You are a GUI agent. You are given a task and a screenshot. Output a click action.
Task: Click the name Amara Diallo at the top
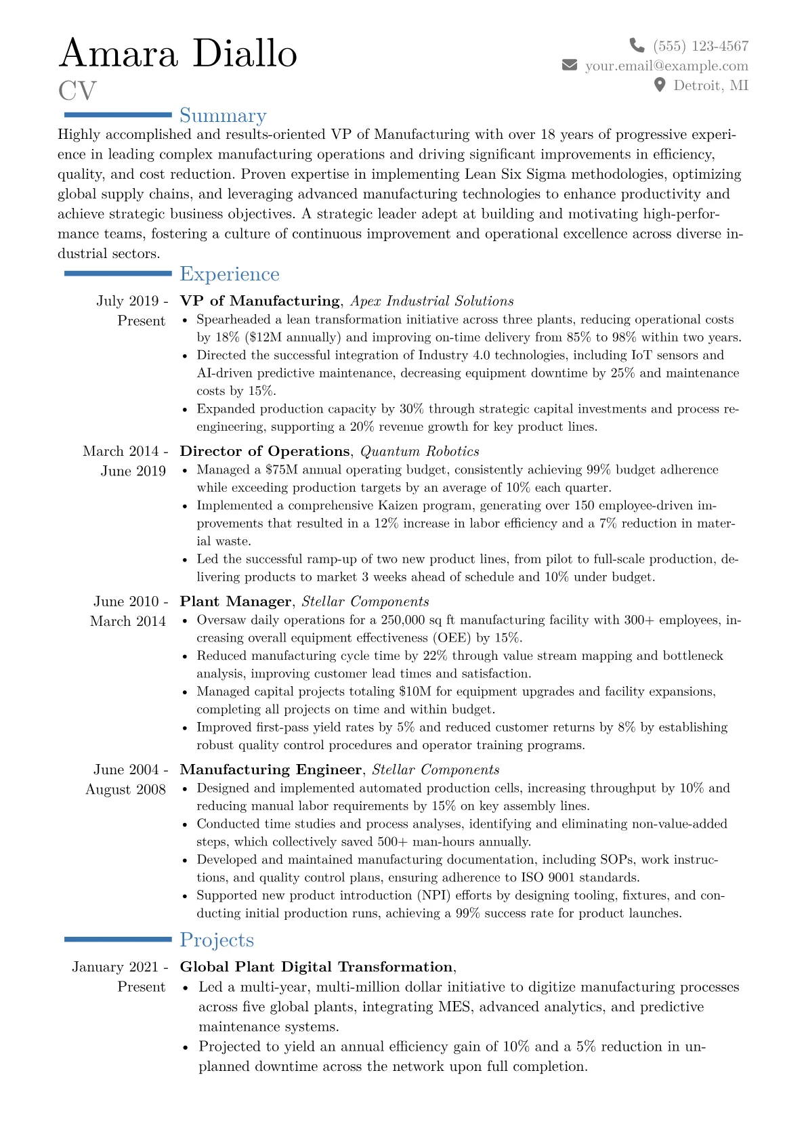coord(178,54)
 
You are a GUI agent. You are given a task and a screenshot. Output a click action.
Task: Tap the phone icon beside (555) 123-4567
coord(637,45)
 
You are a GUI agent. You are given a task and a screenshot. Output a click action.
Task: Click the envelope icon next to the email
coord(570,65)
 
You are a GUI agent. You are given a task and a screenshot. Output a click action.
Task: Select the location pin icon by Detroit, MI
coord(659,85)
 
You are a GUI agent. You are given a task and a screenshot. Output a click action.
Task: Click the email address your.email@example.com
coord(666,66)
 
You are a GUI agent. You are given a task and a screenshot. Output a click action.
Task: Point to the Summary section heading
coord(223,116)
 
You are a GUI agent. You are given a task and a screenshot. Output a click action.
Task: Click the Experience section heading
coord(230,274)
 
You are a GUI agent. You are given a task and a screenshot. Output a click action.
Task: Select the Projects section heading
coord(217,940)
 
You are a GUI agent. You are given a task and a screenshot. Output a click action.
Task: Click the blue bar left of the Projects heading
coord(118,940)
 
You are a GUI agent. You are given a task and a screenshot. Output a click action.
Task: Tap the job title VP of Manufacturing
coord(259,301)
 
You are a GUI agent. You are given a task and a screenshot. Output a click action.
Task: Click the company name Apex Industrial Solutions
coord(431,301)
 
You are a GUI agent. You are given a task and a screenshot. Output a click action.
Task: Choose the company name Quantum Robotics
coord(419,451)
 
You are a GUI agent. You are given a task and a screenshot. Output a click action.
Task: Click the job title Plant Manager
coord(235,601)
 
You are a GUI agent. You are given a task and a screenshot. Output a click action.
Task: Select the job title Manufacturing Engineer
coord(270,769)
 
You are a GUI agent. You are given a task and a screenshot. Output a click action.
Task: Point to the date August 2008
coord(125,789)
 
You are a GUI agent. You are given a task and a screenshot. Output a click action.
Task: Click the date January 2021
coord(115,967)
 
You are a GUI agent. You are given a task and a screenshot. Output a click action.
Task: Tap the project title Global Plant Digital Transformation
coord(316,967)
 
